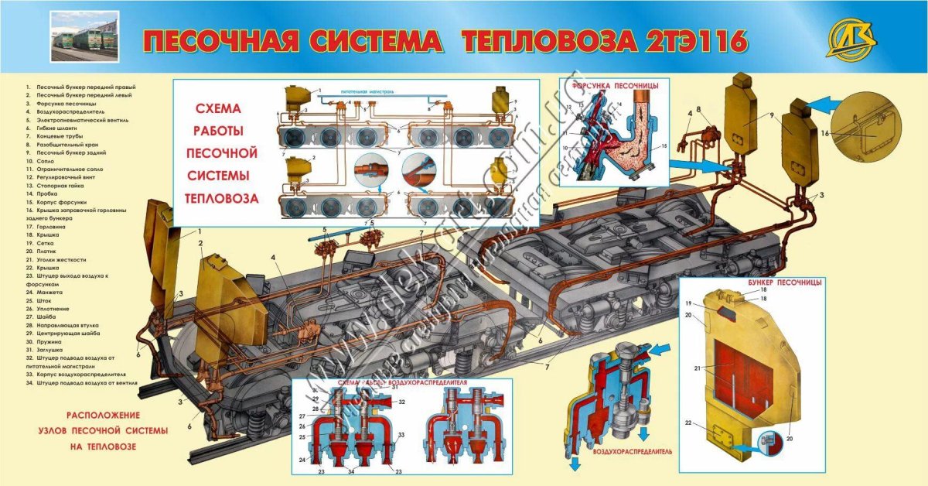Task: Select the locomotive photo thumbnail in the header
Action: tap(85, 36)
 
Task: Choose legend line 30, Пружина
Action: tap(46, 342)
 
